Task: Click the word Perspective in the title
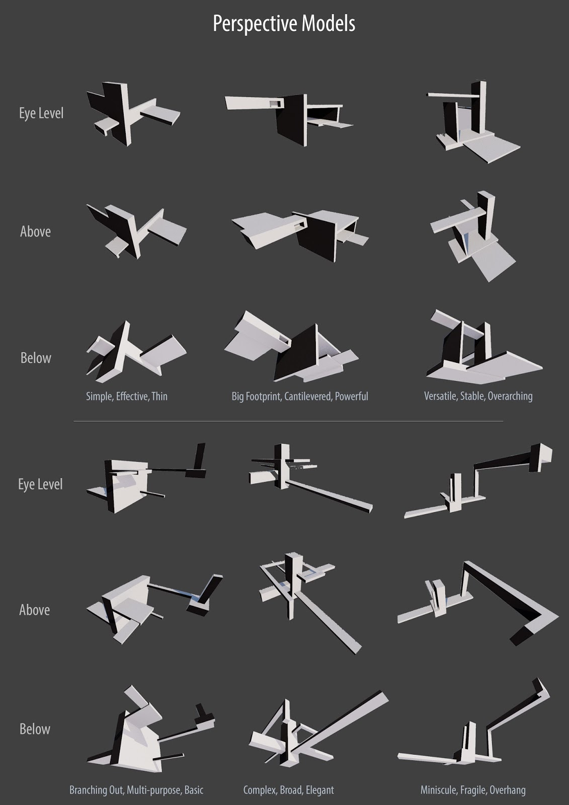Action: (255, 24)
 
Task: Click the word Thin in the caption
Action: (159, 396)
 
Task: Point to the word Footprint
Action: (263, 396)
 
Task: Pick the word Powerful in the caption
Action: (352, 396)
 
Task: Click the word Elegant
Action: (319, 790)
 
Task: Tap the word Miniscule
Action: (439, 790)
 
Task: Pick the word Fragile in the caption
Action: (473, 790)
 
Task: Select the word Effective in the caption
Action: (132, 396)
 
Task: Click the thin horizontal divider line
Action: (288, 421)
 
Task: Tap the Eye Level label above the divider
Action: (41, 113)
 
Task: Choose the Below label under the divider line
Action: (35, 729)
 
